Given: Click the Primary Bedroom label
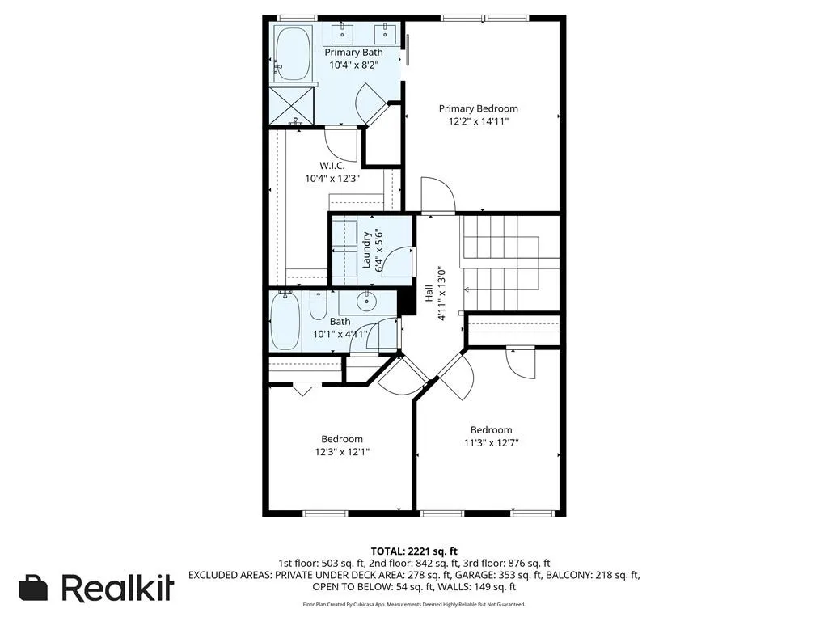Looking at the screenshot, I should [x=478, y=108].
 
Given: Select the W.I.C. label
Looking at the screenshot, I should [x=332, y=165].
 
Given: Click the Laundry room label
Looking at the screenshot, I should [x=366, y=250].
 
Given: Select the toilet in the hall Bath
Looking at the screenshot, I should [x=318, y=306].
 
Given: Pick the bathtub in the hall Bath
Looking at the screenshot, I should [x=285, y=321].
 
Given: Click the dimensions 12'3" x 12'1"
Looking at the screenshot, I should [x=343, y=452].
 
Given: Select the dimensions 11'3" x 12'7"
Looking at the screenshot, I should [x=491, y=442].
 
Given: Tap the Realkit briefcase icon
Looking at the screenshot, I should [x=33, y=588].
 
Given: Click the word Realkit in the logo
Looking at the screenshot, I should [x=117, y=588].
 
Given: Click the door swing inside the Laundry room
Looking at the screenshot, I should [x=396, y=263].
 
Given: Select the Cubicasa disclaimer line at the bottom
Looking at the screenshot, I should [x=413, y=604].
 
